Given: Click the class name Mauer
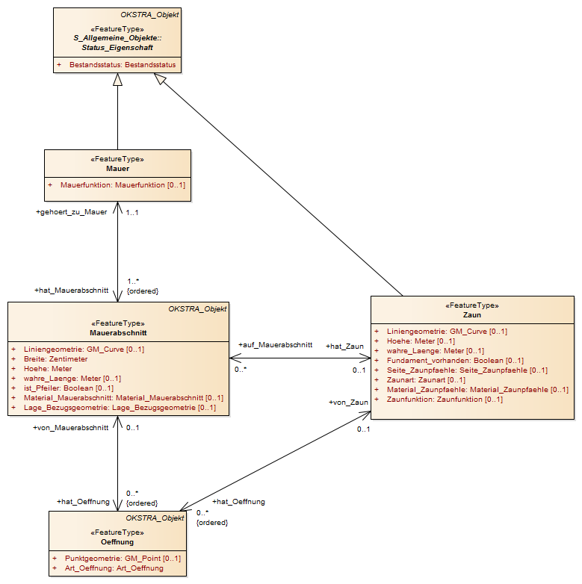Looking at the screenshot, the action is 118,169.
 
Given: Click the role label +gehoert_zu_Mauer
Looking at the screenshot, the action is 71,212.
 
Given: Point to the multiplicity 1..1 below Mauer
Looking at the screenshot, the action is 132,213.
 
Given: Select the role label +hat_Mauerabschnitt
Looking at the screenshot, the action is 71,291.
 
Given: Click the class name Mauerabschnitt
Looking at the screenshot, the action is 118,333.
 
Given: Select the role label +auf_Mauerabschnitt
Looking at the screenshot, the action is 276,345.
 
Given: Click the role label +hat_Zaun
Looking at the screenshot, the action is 344,347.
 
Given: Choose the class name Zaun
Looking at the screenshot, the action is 472,315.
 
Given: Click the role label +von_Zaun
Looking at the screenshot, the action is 348,403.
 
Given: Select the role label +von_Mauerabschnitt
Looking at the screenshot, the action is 71,428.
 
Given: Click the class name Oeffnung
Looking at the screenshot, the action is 117,542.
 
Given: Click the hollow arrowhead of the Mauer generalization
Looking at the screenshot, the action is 118,79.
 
